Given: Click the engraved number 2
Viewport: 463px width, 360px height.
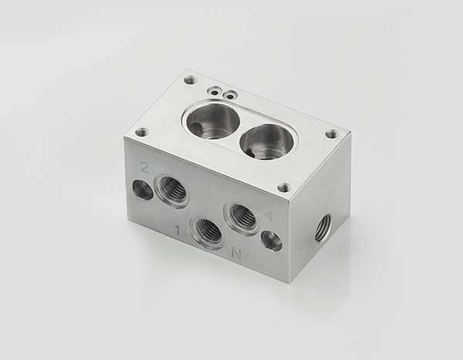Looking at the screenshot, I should click(x=144, y=167).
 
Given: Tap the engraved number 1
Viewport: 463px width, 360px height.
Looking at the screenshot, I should click(x=177, y=230).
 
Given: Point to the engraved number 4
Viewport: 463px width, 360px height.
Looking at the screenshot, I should click(x=268, y=217).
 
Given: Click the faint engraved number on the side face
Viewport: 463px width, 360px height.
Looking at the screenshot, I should click(x=302, y=250).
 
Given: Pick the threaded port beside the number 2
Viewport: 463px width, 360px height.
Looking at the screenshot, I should click(x=171, y=190).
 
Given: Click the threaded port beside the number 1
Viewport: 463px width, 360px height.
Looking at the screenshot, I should click(x=207, y=230).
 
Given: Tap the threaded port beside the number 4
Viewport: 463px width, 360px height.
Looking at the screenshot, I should click(x=241, y=217).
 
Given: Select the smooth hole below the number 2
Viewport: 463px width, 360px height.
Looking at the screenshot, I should click(x=143, y=189).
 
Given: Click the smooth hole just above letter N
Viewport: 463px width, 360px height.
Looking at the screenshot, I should click(x=271, y=241).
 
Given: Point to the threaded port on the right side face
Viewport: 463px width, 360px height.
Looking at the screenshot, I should click(x=323, y=227).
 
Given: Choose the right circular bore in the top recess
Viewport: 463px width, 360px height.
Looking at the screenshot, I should click(x=265, y=141).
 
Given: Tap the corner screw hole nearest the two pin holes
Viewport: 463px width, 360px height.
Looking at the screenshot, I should click(x=190, y=80).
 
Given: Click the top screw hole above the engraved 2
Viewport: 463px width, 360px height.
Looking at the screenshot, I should click(x=141, y=132).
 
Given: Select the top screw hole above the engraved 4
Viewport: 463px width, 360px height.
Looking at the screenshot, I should click(x=284, y=187).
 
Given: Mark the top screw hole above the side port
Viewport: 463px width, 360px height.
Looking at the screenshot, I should click(x=332, y=134).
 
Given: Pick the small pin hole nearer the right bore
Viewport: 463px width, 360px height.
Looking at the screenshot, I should click(x=228, y=95).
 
